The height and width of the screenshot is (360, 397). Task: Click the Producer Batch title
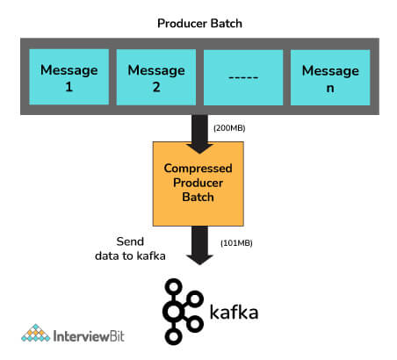coord(199,24)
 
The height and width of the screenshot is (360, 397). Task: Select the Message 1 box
coord(69,77)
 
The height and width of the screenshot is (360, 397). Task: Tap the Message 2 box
coord(156,77)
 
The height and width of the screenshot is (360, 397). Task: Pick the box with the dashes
coord(243,77)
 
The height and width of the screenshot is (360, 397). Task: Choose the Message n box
coord(330,77)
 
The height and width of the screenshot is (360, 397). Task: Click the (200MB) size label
coord(229,128)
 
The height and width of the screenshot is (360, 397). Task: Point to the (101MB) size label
coord(236,243)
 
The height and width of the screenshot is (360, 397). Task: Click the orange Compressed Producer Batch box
coord(198,184)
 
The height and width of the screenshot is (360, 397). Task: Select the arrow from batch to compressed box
coord(199,134)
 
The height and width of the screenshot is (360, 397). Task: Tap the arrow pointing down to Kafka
coord(199,245)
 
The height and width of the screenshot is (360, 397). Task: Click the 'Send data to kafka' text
coord(130,248)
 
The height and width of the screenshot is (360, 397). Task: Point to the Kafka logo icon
coord(183,312)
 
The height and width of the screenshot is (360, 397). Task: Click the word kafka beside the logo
coord(234,312)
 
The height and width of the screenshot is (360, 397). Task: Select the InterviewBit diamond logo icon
coord(36,333)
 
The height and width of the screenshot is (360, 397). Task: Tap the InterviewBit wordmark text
coord(89,336)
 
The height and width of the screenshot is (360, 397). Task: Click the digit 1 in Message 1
coord(69,87)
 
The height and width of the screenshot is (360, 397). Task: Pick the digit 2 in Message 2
coord(156,87)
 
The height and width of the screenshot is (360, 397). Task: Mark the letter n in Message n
coord(330,88)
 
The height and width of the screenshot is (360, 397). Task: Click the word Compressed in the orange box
coord(198,169)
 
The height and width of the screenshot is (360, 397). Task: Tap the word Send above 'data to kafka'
coord(130,241)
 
